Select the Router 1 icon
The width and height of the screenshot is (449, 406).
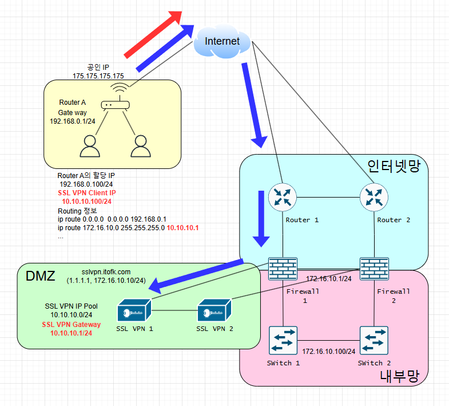tap(281, 198)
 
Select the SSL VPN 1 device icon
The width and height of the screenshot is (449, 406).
tap(133, 312)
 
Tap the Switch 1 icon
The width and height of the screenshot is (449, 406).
tap(283, 341)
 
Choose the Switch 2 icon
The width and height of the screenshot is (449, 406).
tap(374, 341)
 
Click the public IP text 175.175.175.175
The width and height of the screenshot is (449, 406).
tap(98, 76)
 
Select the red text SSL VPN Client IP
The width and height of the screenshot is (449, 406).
tap(87, 194)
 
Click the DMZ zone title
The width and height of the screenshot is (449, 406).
tap(41, 277)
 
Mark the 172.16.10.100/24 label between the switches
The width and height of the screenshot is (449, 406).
tap(328, 350)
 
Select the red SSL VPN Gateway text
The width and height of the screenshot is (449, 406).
tap(71, 324)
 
